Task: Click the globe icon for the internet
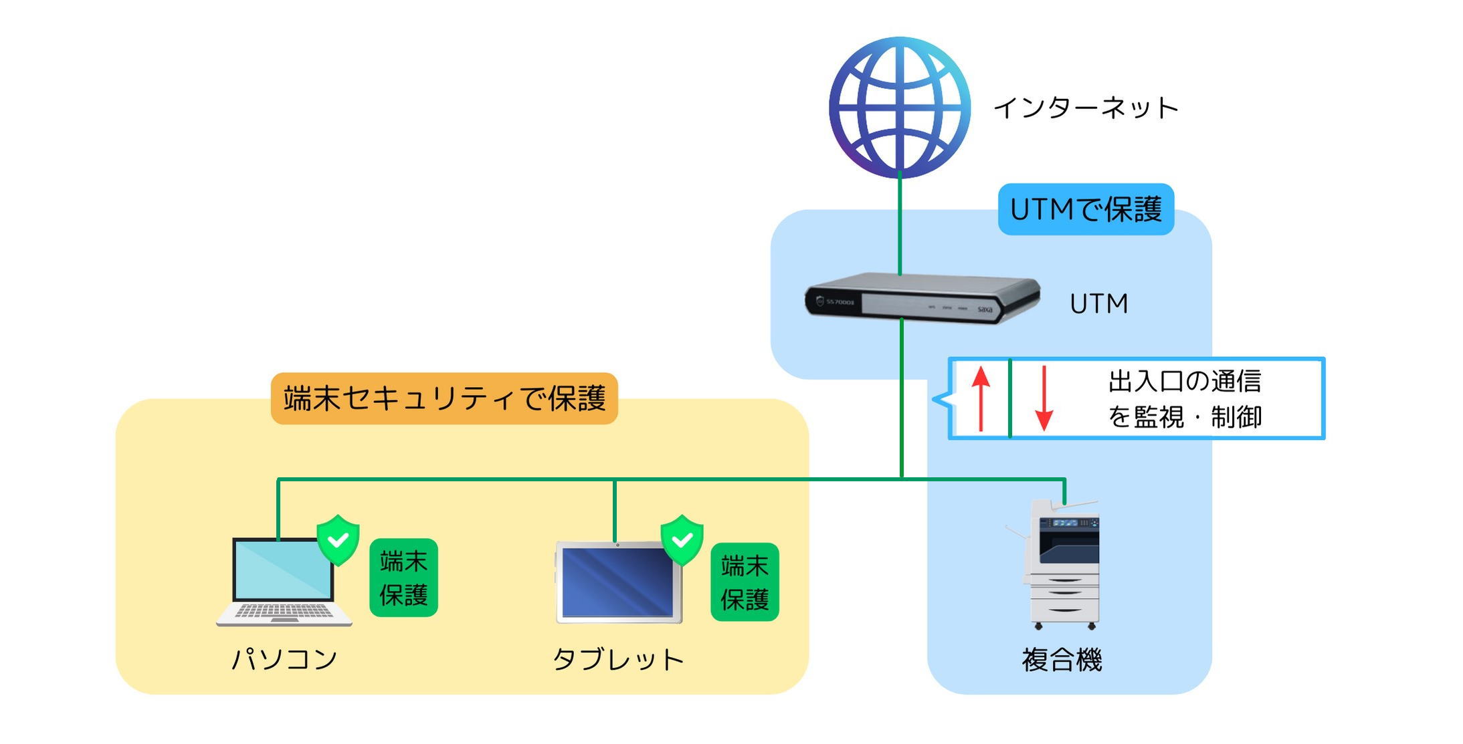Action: click(899, 107)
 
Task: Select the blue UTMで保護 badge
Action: click(1085, 210)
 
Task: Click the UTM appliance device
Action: click(922, 299)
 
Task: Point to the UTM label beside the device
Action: click(1098, 304)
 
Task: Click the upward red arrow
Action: click(980, 398)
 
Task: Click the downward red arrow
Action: click(1044, 398)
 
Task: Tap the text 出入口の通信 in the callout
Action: click(1184, 382)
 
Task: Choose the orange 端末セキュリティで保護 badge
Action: click(444, 399)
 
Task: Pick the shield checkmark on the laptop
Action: click(338, 539)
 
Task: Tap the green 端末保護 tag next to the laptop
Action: click(403, 578)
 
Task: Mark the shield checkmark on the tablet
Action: click(682, 539)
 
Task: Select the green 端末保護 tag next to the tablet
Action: click(745, 582)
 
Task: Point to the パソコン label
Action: click(284, 660)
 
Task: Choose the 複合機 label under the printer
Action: click(1062, 660)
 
